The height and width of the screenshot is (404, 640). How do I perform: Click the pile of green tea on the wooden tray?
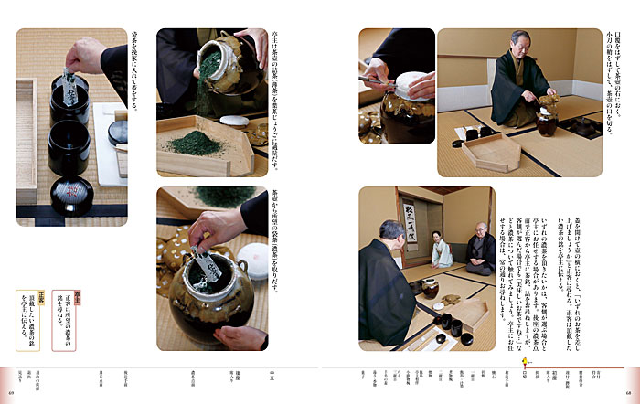click(193, 144)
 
